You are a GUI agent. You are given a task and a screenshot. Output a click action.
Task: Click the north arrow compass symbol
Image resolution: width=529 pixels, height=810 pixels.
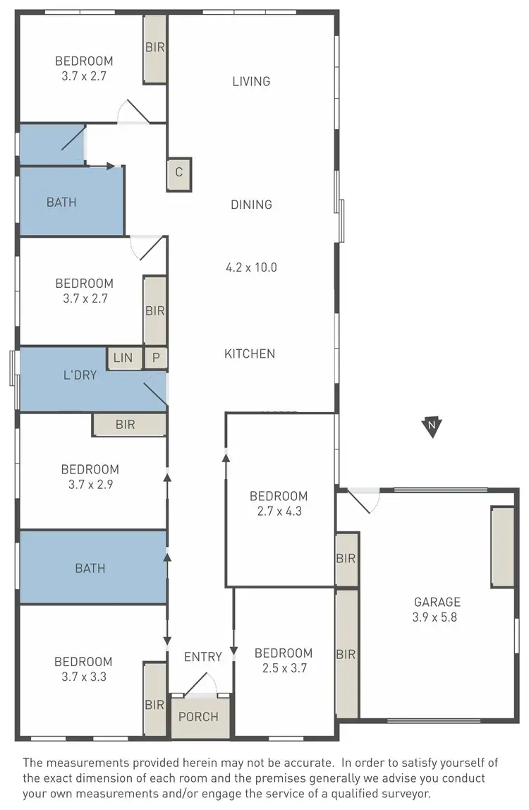pos(431,426)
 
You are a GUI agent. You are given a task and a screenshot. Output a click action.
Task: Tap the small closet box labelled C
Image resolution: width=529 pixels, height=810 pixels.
pos(179,173)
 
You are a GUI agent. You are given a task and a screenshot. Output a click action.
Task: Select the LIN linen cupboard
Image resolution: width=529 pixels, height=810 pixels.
pos(123,358)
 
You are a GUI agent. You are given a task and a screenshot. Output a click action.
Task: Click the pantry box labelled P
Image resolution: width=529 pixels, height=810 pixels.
pos(156,358)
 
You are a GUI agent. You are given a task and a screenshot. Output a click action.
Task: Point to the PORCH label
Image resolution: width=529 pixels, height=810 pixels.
pos(198,717)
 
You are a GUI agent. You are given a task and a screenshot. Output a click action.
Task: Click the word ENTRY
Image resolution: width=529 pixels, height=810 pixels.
pos(203,657)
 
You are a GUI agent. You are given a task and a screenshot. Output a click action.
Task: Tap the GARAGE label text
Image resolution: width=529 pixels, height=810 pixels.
pos(437,602)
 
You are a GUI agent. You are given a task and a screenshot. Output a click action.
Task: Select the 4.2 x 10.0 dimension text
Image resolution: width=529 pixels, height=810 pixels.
pos(251,267)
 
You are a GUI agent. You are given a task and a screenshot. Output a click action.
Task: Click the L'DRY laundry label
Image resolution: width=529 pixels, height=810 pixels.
pos(79,375)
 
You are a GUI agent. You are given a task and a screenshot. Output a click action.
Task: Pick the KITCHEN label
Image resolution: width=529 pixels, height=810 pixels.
pos(250,353)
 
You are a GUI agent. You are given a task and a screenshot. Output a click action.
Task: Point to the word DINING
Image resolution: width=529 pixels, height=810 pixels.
pos(251,205)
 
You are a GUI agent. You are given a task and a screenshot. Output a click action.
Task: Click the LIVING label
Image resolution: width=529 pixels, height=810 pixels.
pos(251,81)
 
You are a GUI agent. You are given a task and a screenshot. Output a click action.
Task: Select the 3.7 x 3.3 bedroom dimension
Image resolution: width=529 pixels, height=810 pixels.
pos(83,677)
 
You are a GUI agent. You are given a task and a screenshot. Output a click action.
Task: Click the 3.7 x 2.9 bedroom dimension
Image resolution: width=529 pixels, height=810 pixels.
pos(90,484)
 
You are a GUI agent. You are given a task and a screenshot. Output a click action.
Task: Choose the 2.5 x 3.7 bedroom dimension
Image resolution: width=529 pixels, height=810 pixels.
pos(284,668)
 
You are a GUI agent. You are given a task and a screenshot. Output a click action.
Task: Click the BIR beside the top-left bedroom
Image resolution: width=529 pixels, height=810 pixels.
pos(155,48)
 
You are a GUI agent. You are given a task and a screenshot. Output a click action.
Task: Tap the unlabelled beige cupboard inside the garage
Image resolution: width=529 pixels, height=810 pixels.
pos(502,546)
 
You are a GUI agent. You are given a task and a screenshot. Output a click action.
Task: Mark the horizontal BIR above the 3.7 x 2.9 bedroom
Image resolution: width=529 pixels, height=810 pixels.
pos(130,425)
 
